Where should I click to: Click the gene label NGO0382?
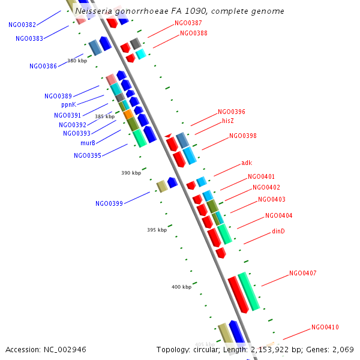coord(22,25)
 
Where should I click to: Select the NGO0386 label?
coord(43,66)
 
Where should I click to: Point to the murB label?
coord(88,143)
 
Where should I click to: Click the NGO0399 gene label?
coord(109,203)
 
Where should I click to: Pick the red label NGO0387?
coord(188,23)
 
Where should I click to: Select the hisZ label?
coord(228,121)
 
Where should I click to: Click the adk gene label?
coord(247,163)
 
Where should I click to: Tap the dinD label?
coord(278,231)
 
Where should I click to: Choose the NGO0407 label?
coord(302,273)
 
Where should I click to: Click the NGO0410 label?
coord(325,327)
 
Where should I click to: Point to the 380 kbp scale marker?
coord(77,61)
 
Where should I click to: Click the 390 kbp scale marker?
coord(131,173)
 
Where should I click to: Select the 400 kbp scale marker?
coord(181,287)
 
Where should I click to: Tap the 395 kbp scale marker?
coord(157,230)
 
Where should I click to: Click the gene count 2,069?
coord(343,349)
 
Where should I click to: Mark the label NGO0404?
coord(278,215)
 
